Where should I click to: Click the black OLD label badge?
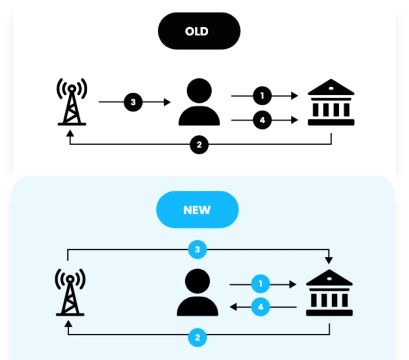(x=198, y=31)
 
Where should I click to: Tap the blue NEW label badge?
(x=197, y=209)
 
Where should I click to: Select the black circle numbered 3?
(x=134, y=102)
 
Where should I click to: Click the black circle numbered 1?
(x=262, y=95)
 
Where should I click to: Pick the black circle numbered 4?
(x=262, y=120)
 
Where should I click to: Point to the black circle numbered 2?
(x=199, y=145)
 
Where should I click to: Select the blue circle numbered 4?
(x=260, y=307)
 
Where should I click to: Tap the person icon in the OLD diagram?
(x=199, y=103)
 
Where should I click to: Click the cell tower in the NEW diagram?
(x=70, y=293)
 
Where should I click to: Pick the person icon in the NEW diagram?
(x=198, y=293)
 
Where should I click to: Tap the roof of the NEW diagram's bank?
(x=329, y=278)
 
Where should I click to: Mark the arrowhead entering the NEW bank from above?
(x=328, y=260)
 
